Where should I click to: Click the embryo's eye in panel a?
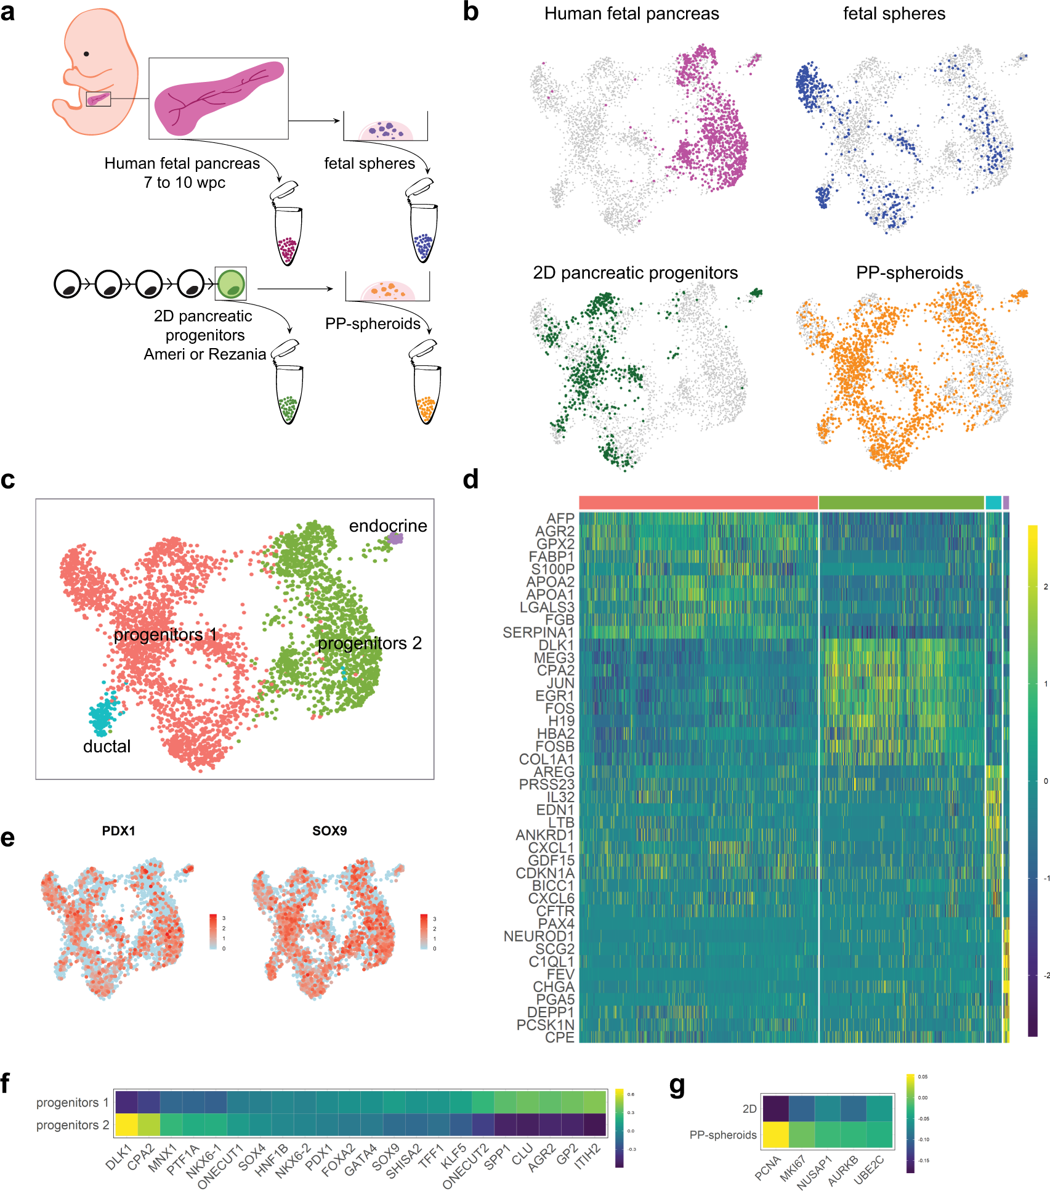click(x=87, y=54)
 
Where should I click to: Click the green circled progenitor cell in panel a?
click(x=231, y=284)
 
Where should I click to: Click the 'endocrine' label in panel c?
click(x=387, y=526)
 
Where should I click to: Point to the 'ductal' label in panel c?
click(x=107, y=746)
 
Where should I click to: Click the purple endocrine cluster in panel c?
click(x=395, y=539)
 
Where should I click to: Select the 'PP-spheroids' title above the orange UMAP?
click(x=909, y=272)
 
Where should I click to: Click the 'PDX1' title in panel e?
click(x=118, y=831)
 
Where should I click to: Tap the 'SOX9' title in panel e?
click(x=329, y=831)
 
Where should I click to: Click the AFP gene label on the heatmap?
click(x=560, y=519)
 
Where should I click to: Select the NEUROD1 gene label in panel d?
click(x=538, y=937)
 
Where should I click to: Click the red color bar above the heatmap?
click(x=698, y=502)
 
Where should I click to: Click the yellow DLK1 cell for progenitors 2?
click(x=126, y=1124)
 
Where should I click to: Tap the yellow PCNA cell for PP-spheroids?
click(x=775, y=1135)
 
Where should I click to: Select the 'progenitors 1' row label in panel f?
click(x=72, y=1102)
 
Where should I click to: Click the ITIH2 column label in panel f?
click(x=588, y=1156)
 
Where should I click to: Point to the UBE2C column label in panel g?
click(x=869, y=1169)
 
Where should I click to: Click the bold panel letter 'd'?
click(x=470, y=479)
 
